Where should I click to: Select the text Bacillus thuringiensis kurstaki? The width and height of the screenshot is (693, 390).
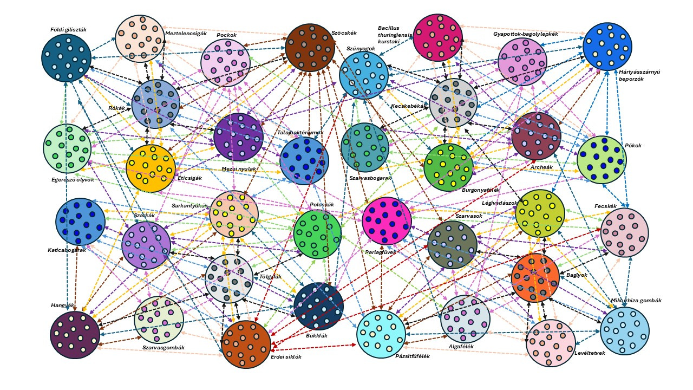point(395,34)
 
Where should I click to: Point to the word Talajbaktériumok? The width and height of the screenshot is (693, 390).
point(300,132)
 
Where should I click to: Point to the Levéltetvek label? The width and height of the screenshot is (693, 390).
point(589,353)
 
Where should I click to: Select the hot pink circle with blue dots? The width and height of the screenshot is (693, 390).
point(387,221)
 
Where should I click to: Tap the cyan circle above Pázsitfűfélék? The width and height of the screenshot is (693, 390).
point(381,334)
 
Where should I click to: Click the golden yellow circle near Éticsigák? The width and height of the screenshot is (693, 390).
point(151,168)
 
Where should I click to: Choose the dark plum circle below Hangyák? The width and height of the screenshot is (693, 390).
point(75,335)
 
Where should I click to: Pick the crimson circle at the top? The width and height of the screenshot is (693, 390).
point(437,37)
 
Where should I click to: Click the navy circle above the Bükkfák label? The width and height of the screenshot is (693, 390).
point(319,306)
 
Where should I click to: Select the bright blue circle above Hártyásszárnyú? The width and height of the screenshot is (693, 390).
point(607,47)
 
